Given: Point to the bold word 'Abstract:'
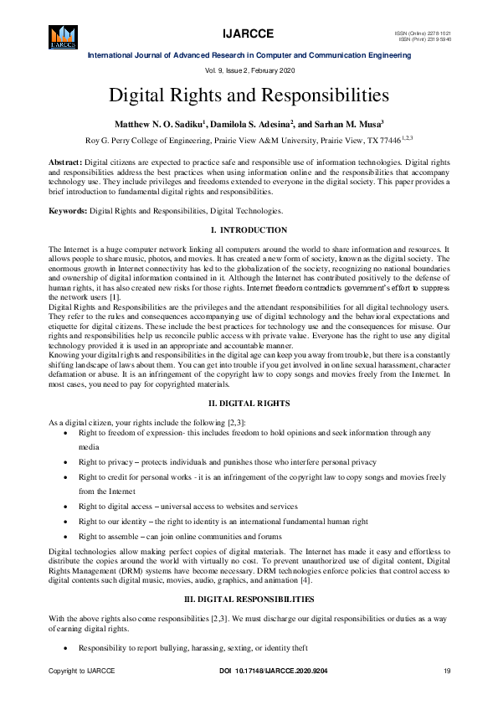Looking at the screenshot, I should click(66, 159).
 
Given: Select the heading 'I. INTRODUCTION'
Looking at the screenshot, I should click(249, 230).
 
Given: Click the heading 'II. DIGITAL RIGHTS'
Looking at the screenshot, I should click(249, 404).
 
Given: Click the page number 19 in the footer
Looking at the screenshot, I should click(447, 672).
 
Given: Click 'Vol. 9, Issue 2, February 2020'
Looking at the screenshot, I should click(249, 70).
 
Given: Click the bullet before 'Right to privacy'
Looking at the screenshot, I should click(67, 462).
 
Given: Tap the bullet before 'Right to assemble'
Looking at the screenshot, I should click(67, 536).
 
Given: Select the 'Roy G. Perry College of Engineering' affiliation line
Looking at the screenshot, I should click(249, 141).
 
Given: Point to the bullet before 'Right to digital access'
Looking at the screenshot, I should click(67, 507).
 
